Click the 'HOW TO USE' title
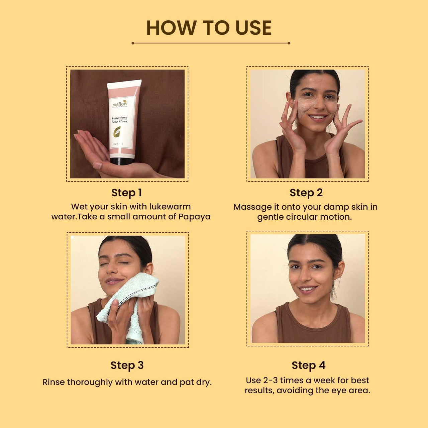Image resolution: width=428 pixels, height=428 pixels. point(209,28)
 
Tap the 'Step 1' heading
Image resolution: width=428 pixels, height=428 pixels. point(127,193)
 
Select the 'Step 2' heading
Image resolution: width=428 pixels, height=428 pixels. point(306,193)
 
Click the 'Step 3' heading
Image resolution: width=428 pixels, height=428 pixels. point(127,365)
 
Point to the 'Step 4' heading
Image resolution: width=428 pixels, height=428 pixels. point(308,365)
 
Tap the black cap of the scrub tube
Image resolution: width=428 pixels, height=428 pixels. point(122,161)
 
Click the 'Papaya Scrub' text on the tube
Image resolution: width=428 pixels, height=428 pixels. point(119,118)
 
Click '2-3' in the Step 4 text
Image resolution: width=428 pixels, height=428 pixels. point(271,381)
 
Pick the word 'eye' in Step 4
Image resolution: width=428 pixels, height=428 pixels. point(340,391)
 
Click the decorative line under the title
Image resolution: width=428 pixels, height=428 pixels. point(211,43)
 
